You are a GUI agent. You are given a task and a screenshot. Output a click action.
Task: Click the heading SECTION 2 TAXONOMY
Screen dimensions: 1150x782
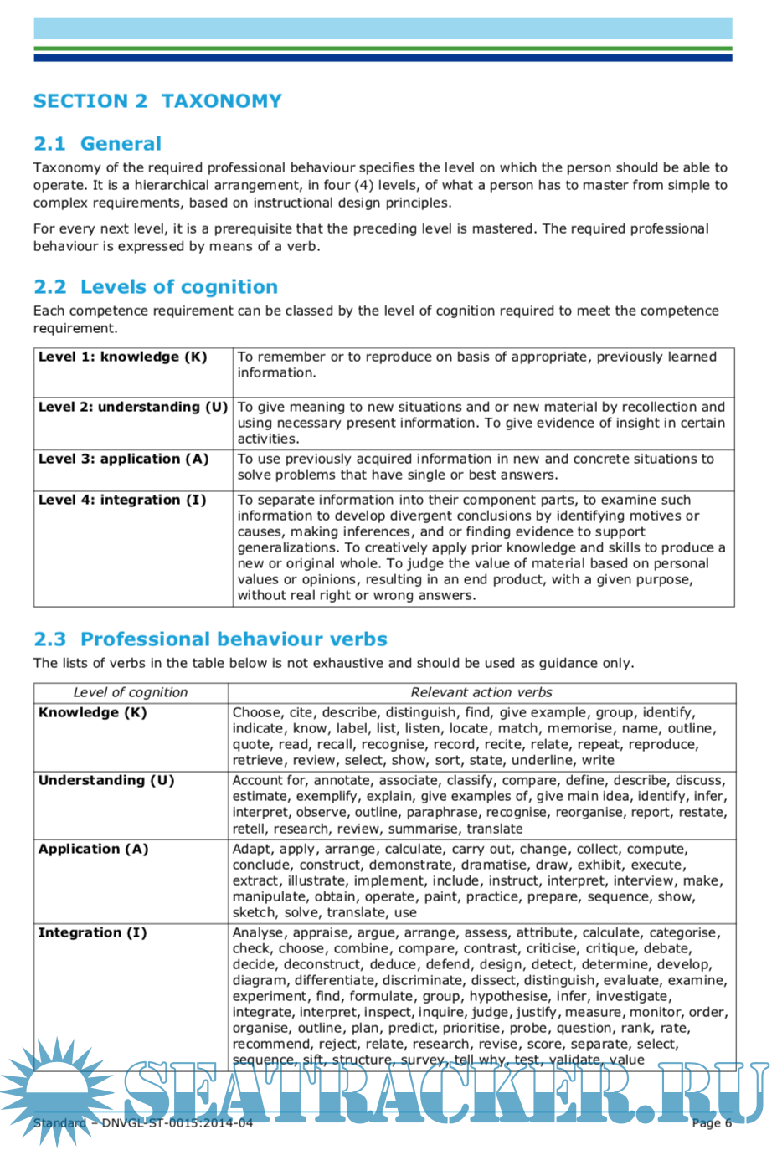pos(157,101)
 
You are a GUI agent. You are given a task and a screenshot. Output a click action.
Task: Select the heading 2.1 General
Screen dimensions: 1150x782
pos(97,144)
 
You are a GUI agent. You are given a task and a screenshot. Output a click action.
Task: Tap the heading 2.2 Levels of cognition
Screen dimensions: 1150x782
pos(155,287)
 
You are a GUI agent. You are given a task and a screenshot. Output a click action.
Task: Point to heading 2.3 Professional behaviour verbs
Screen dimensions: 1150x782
pos(210,639)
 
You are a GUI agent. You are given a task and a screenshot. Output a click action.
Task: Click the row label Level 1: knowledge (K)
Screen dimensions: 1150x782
pos(122,357)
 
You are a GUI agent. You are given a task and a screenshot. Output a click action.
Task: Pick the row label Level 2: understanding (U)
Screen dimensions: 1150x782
pos(132,408)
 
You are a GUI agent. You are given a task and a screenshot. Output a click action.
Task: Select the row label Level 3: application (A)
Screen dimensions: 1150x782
pos(123,459)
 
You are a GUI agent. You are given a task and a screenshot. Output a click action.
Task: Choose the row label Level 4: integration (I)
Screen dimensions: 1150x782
pos(122,501)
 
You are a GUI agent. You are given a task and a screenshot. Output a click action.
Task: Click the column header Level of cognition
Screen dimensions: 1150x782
pos(130,693)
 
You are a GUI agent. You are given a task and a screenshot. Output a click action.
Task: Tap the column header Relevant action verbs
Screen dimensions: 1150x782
pos(481,693)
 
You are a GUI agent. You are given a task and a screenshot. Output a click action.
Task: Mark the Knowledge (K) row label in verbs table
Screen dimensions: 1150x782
pos(92,713)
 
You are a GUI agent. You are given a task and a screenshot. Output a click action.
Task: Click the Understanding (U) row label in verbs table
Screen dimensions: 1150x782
pos(106,781)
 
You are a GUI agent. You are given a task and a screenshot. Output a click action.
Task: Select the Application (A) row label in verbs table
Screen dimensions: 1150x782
pos(93,850)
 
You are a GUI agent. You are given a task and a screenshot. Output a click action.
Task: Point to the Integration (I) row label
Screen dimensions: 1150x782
pos(92,933)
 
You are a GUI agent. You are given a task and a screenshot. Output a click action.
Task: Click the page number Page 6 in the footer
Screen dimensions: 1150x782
pos(712,1123)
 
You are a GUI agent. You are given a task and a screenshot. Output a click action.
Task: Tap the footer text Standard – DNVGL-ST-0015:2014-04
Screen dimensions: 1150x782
pos(142,1123)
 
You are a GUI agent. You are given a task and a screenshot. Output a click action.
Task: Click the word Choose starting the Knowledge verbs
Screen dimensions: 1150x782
pos(257,713)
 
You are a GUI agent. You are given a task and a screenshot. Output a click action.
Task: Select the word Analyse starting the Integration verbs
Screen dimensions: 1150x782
pos(258,933)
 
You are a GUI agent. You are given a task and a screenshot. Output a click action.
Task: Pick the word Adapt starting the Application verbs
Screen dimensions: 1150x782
pos(252,850)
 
